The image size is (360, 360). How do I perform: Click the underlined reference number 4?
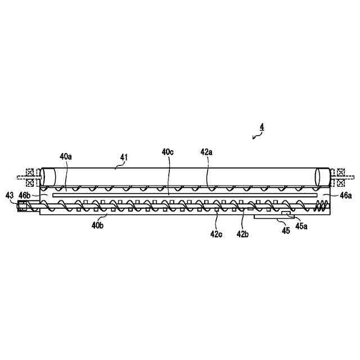tap(262, 128)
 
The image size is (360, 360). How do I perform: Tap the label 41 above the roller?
tap(124, 158)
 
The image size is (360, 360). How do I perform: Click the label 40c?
tap(168, 152)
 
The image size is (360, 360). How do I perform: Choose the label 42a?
tap(207, 152)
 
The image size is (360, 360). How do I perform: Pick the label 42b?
tap(242, 233)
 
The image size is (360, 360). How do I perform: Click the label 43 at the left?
tap(9, 195)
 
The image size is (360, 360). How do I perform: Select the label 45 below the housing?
tap(286, 230)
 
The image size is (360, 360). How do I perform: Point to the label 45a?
tap(302, 227)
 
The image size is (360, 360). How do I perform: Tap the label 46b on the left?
tap(24, 195)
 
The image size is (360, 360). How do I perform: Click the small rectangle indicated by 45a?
tap(287, 214)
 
